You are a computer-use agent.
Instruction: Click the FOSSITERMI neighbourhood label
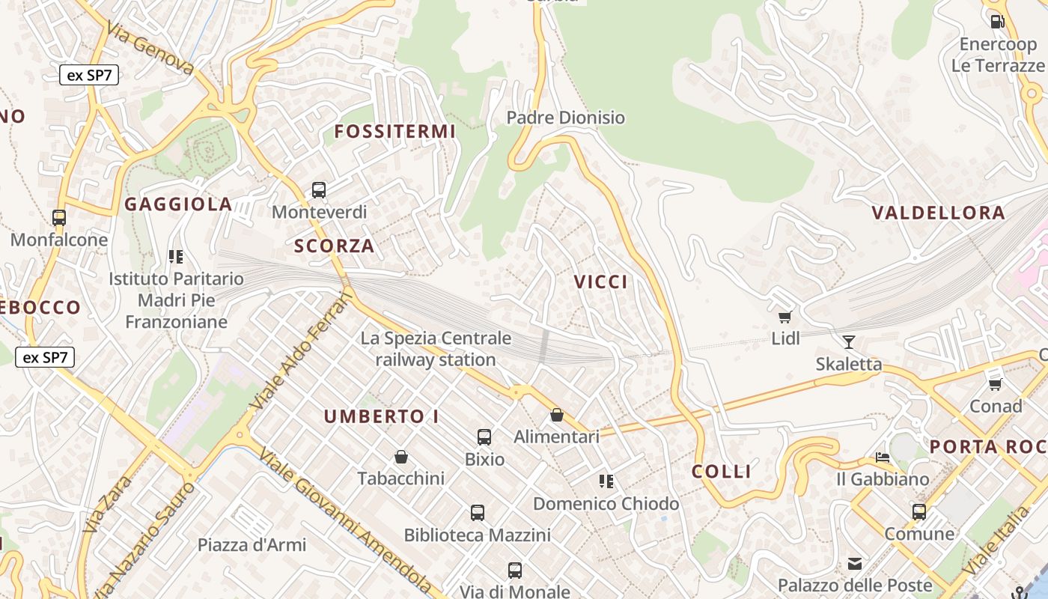pos(394,132)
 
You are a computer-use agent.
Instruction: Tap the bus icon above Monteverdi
pos(319,190)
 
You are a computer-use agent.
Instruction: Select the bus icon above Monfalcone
pos(59,218)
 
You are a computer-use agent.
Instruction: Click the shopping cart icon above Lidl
pos(785,317)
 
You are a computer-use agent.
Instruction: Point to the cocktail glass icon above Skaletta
pos(848,342)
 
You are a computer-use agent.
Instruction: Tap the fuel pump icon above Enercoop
pos(997,22)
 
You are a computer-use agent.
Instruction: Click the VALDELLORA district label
pos(938,213)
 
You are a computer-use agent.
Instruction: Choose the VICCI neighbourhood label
pos(600,282)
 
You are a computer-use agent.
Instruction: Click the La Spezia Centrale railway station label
pos(436,349)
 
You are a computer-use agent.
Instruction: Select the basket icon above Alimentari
pos(557,415)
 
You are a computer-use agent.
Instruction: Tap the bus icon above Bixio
pos(484,437)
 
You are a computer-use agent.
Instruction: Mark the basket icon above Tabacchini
pos(401,456)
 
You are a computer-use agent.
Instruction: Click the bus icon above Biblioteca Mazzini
pos(478,513)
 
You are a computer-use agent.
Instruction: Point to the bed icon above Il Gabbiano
pos(883,457)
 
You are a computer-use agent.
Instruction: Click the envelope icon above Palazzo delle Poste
pos(855,563)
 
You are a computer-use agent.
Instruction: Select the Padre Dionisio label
pos(565,118)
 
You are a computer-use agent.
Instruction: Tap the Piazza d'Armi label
pos(252,544)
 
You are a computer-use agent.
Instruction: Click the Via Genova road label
pos(150,48)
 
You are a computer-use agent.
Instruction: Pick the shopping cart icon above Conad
pos(996,384)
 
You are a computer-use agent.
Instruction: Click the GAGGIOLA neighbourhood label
pos(178,204)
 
